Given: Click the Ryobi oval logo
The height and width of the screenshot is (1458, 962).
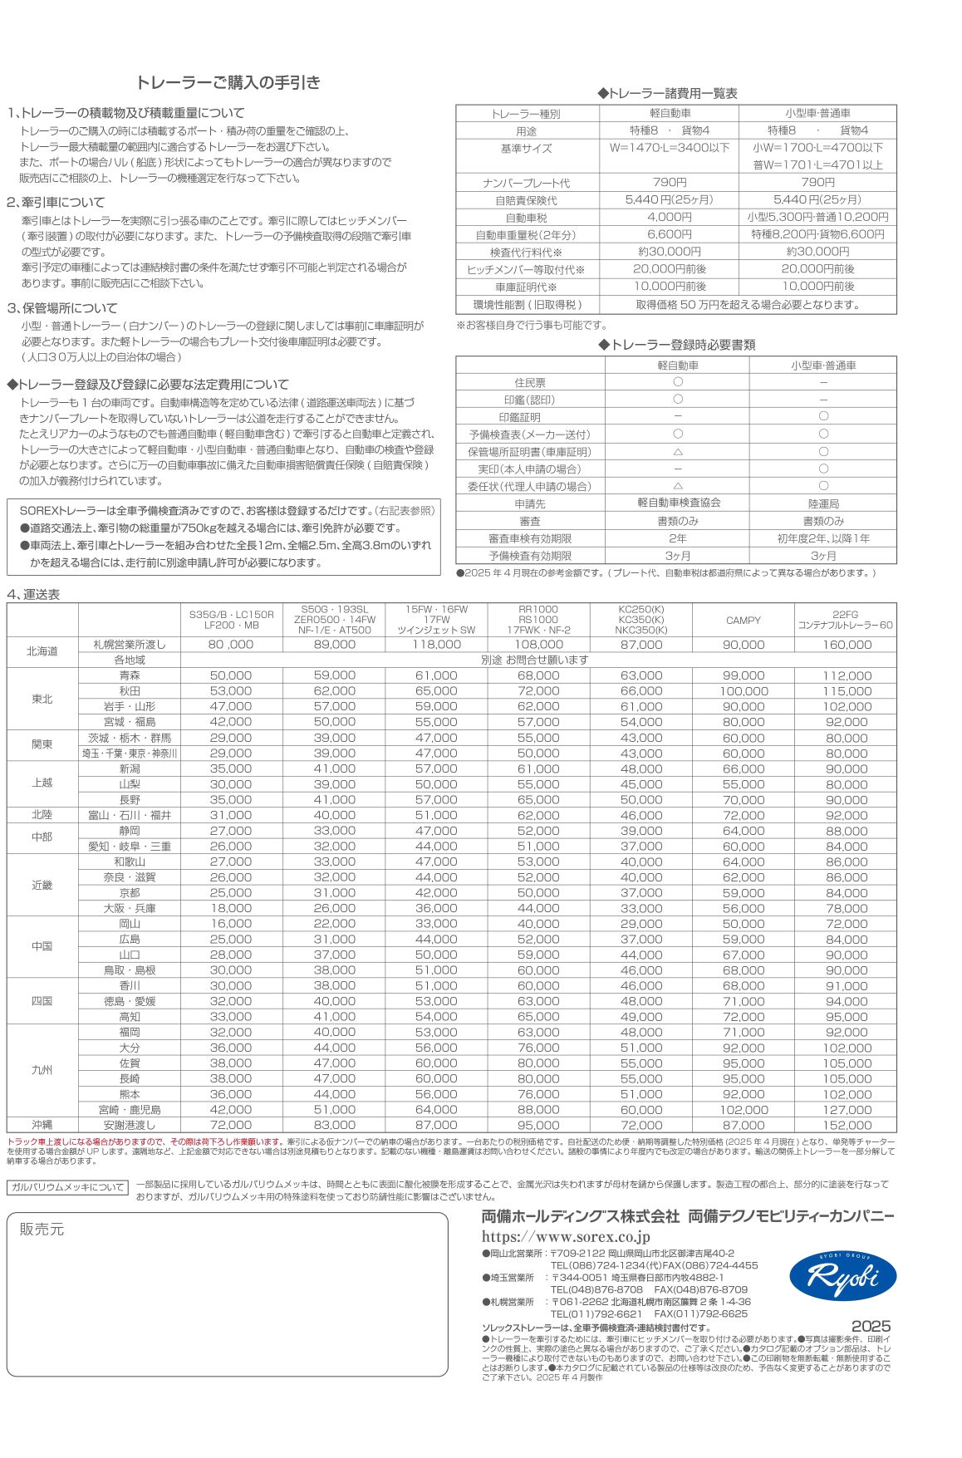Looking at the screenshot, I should pyautogui.click(x=842, y=1276).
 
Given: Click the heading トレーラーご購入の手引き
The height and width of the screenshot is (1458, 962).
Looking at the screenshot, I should pyautogui.click(x=228, y=82).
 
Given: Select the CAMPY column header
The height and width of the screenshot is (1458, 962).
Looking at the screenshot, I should pyautogui.click(x=744, y=620).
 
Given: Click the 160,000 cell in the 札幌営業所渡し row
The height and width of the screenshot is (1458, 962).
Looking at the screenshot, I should pyautogui.click(x=847, y=645).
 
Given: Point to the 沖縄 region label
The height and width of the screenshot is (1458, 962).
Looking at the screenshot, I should pyautogui.click(x=42, y=1125).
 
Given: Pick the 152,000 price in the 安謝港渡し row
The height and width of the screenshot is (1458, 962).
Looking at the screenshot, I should pyautogui.click(x=847, y=1125).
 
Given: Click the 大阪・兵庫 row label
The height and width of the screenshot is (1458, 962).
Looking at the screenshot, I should pyautogui.click(x=130, y=908).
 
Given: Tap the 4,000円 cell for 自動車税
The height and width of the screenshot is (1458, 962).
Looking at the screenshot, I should pyautogui.click(x=670, y=217).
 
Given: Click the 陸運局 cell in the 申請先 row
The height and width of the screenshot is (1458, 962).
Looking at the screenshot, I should pyautogui.click(x=823, y=503).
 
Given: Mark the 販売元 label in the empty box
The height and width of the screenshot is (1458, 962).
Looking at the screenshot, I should pyautogui.click(x=42, y=1229).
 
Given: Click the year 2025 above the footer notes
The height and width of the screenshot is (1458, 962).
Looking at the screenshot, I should pyautogui.click(x=871, y=1327).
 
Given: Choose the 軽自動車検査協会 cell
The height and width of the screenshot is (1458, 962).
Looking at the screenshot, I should pyautogui.click(x=679, y=503).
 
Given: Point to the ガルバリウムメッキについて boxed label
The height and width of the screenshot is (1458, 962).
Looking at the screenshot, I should pyautogui.click(x=68, y=1187).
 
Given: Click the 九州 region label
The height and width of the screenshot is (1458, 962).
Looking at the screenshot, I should pyautogui.click(x=42, y=1070).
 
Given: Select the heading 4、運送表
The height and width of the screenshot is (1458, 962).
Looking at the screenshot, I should pyautogui.click(x=33, y=594).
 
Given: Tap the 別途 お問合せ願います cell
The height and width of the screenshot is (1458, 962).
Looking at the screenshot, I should pyautogui.click(x=535, y=660).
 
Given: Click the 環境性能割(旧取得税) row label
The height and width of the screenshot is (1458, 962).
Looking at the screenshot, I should pyautogui.click(x=528, y=305).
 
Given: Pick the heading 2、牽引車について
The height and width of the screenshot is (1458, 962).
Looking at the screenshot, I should pyautogui.click(x=56, y=202).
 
